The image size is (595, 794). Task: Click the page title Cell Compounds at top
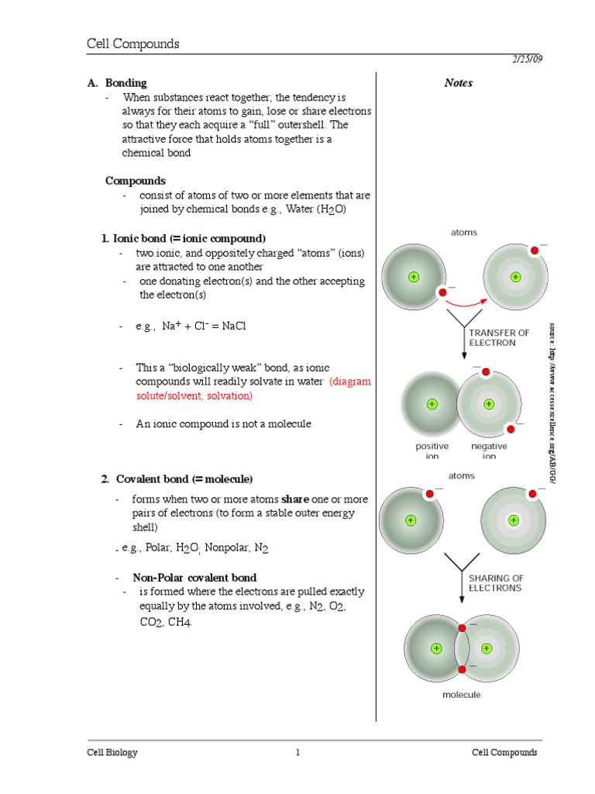pos(132,44)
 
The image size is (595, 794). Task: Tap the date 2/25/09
pos(527,60)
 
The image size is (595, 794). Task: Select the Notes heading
pos(458,83)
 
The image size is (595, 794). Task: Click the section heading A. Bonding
pos(117,83)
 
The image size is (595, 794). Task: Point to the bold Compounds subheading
pos(136,181)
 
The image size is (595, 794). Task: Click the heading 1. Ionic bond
pos(183,238)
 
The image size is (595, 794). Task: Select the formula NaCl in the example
pos(233,326)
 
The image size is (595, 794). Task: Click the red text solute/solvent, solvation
pos(194,395)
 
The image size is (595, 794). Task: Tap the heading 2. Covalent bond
pos(177,479)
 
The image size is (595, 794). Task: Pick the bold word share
pos(295,499)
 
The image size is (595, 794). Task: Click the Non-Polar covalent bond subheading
pos(194,578)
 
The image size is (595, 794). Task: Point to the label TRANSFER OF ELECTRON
pos(499,337)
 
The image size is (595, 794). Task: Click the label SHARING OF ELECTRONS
pos(496,583)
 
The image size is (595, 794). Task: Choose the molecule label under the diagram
pos(462,695)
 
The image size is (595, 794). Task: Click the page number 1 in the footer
pos(297,753)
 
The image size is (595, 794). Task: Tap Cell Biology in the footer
pos(112,753)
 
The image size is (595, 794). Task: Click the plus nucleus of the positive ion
pos(432,404)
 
